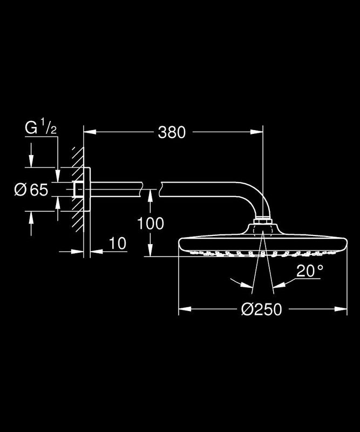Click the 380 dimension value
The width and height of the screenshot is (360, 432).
pyautogui.click(x=172, y=132)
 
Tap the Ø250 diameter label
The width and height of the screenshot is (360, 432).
pyautogui.click(x=261, y=309)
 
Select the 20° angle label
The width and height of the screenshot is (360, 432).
pyautogui.click(x=309, y=271)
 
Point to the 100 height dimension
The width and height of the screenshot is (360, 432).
pyautogui.click(x=151, y=223)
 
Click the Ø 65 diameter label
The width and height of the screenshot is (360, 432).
pyautogui.click(x=31, y=190)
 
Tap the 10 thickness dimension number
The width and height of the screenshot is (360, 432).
pyautogui.click(x=118, y=244)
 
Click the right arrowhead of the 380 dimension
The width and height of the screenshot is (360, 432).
pyautogui.click(x=257, y=132)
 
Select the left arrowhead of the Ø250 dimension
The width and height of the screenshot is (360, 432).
pyautogui.click(x=185, y=309)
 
